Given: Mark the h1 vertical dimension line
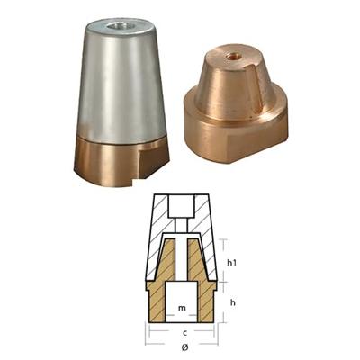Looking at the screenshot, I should [x=220, y=261].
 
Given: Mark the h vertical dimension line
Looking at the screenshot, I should [x=220, y=301].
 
